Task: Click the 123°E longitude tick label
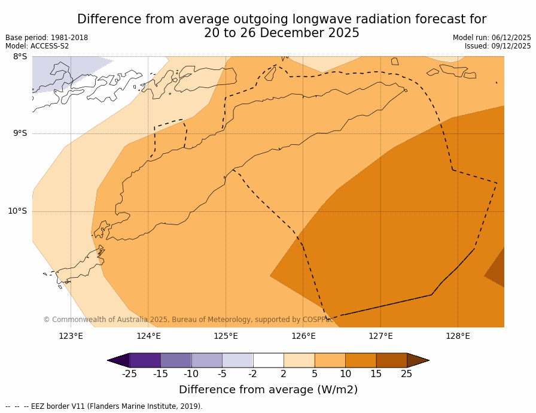(x=71, y=336)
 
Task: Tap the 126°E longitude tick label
(x=303, y=336)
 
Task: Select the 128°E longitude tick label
(x=458, y=336)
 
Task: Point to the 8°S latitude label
(x=20, y=57)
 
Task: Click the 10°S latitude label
(x=17, y=211)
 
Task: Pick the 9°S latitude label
(x=20, y=133)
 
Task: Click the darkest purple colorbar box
(x=145, y=360)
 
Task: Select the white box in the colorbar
(x=268, y=360)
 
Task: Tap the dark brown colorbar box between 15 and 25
(x=391, y=360)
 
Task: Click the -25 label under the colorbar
(x=129, y=374)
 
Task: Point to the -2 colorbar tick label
(x=252, y=374)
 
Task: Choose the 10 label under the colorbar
(x=345, y=374)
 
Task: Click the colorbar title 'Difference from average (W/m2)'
(x=268, y=390)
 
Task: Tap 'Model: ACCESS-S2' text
(x=37, y=46)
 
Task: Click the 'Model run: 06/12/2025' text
(x=492, y=38)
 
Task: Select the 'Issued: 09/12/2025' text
(x=498, y=46)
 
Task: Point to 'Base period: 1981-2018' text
(x=47, y=38)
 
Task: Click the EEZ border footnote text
(x=104, y=406)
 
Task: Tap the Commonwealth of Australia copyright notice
(x=188, y=320)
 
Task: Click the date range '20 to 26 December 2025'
(x=282, y=33)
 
